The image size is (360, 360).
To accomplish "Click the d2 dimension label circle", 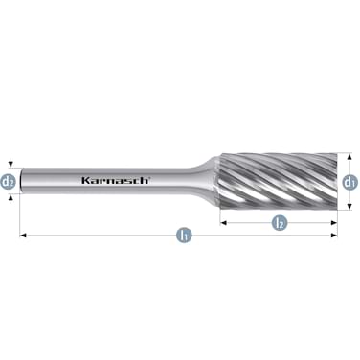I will coord(9,180).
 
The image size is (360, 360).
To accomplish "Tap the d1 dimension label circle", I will coord(349,181).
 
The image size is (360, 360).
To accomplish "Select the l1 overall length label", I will coord(182,235).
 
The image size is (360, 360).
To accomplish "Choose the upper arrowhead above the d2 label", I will coord(9,166).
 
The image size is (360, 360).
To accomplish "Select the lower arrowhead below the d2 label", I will coord(9,194).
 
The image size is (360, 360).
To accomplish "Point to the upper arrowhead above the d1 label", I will coord(349,156).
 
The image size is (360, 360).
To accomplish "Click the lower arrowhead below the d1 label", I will coord(349,205).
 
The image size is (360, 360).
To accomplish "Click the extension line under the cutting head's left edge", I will coord(222,215).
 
